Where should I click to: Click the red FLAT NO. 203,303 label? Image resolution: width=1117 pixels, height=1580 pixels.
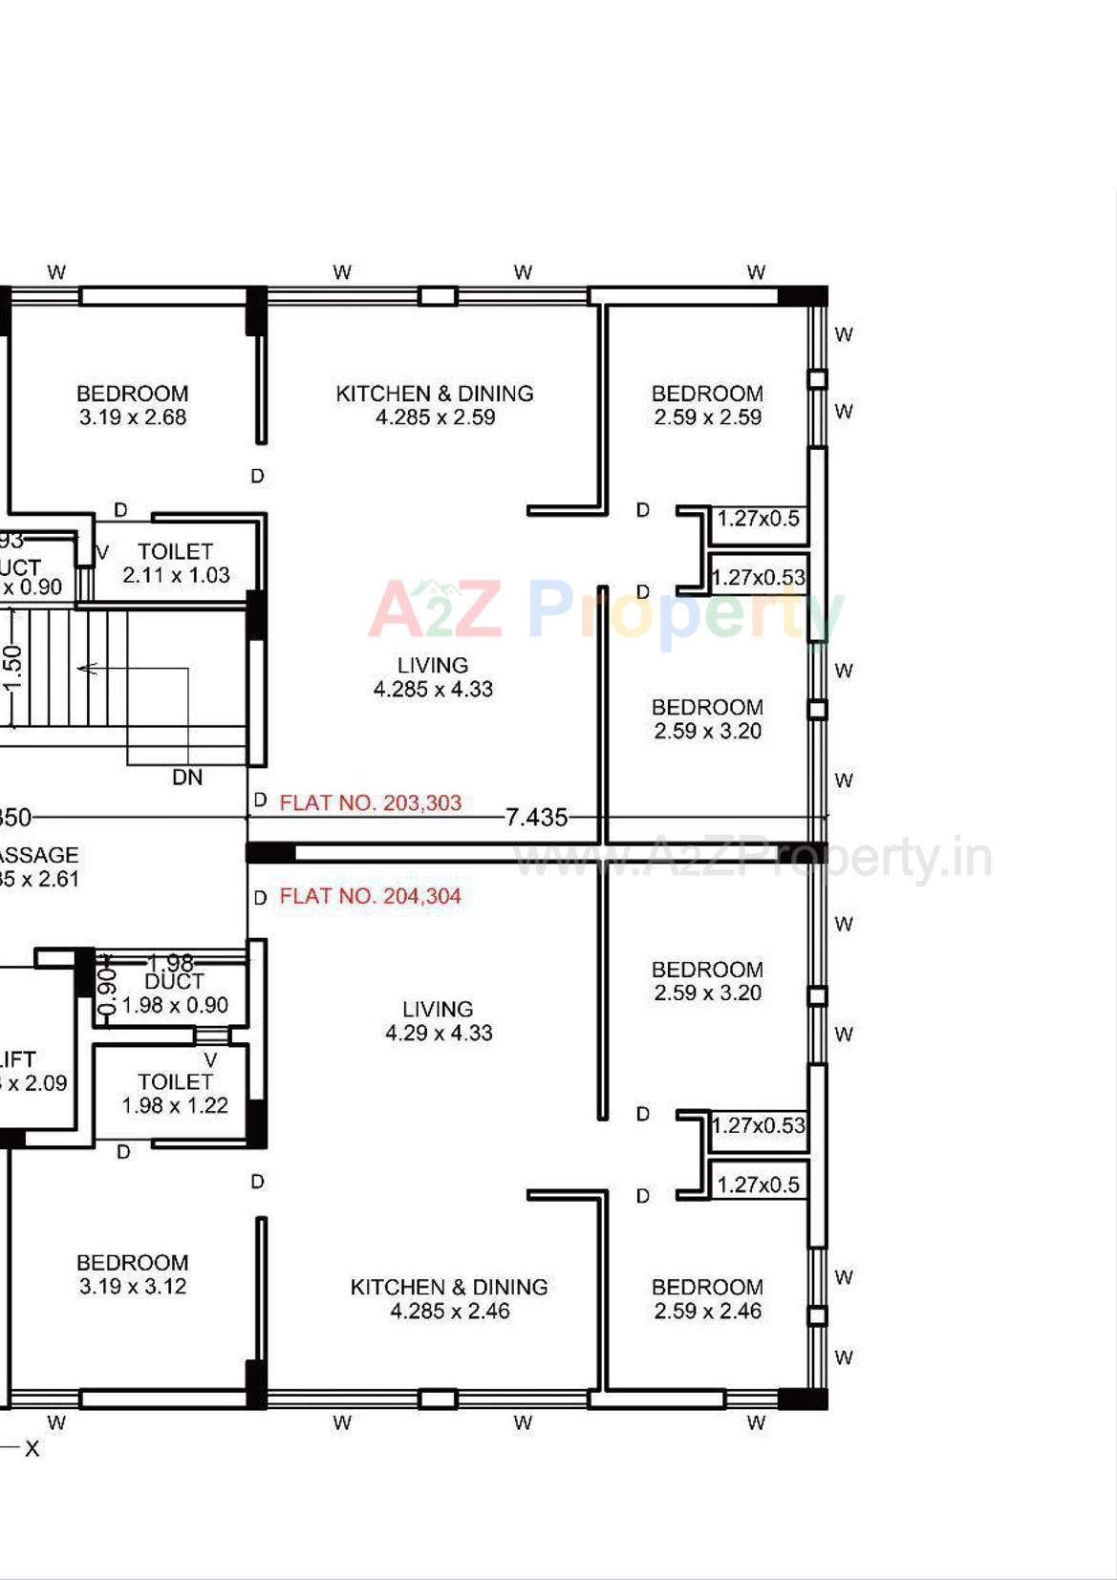tap(370, 803)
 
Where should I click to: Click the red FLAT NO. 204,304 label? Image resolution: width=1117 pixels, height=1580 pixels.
tap(370, 897)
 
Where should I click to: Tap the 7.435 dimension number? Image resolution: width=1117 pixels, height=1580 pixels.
tap(536, 818)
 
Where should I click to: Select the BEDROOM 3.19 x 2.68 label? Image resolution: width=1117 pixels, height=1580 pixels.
tap(133, 405)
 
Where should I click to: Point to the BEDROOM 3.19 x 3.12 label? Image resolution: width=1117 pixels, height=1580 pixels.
tap(133, 1274)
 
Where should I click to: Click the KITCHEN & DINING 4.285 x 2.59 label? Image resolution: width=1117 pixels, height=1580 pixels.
tap(435, 405)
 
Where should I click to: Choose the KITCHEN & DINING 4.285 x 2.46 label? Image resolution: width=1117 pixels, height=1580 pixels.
tap(449, 1299)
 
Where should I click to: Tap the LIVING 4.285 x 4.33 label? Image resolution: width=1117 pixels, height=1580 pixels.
tap(433, 677)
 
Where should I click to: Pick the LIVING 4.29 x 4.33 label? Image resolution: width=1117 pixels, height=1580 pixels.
tap(439, 1021)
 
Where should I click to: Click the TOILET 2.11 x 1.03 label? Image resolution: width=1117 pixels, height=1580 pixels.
tap(176, 564)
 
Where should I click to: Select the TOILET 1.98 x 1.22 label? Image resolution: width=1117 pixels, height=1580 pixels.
tap(175, 1094)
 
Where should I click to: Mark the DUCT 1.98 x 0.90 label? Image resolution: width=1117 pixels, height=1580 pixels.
tap(175, 993)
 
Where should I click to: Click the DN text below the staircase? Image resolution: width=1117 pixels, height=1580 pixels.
tap(187, 778)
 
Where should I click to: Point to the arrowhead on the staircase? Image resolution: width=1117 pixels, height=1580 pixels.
tap(84, 669)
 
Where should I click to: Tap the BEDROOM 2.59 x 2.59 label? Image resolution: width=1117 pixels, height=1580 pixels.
tap(707, 405)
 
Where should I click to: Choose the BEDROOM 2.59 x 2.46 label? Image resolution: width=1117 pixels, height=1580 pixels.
tap(707, 1299)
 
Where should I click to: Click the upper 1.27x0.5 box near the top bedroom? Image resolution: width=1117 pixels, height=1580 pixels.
tap(759, 519)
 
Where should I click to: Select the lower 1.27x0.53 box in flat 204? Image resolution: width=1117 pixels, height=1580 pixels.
tap(759, 1126)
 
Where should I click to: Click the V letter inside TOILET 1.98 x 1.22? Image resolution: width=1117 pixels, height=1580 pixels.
tap(210, 1060)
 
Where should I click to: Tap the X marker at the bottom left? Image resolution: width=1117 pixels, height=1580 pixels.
tap(32, 1449)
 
